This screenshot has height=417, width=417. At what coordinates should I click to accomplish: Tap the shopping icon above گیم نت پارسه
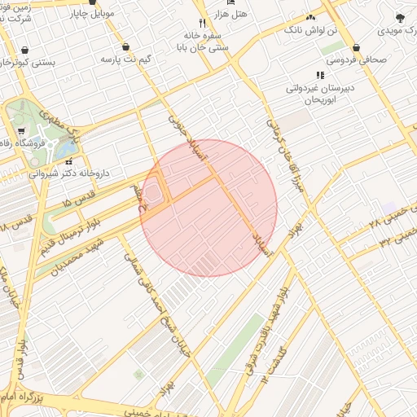(x=126, y=46)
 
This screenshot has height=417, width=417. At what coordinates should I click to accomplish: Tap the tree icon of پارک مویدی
(x=399, y=17)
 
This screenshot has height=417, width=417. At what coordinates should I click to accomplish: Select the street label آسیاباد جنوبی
(x=177, y=130)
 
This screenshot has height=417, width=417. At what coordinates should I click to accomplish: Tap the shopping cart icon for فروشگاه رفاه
(x=20, y=131)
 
